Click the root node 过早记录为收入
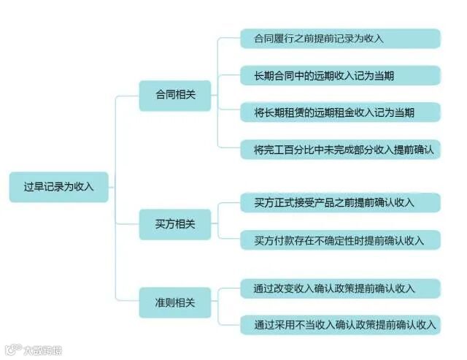[x=58, y=187]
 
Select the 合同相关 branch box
[x=176, y=95]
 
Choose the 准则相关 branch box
[x=176, y=302]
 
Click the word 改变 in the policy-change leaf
[x=293, y=288]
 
